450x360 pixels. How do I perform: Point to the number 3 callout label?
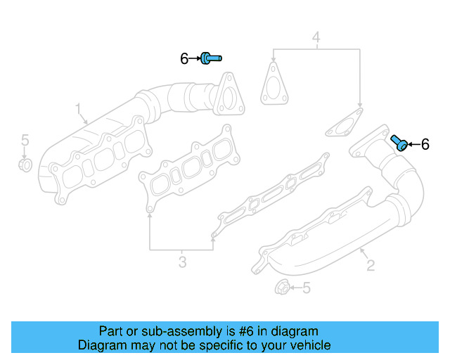pos(182,263)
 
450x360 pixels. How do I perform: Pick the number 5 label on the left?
pos(24,140)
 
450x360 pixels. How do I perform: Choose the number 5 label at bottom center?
pos(306,288)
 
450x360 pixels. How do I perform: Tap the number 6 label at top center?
pos(184,59)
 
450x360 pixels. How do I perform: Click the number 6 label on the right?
pos(425,145)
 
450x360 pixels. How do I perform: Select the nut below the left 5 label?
pos(24,165)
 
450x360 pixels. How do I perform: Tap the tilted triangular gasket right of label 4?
pos(344,122)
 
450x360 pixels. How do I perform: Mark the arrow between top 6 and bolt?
pos(195,59)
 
